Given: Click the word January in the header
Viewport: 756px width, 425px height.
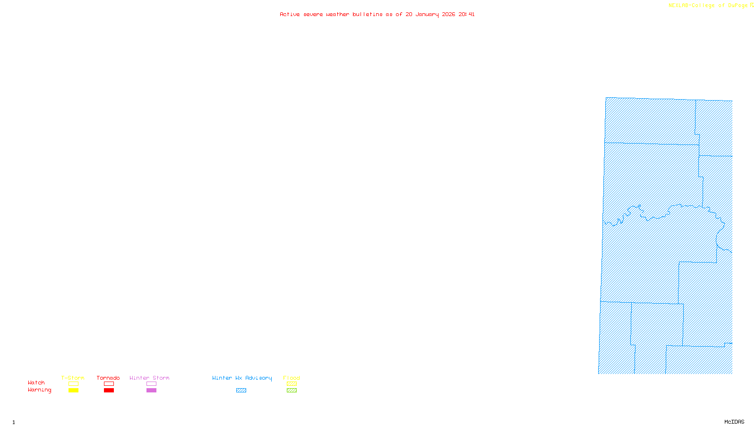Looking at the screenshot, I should click(x=427, y=15).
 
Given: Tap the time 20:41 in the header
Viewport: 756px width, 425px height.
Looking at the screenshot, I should click(x=466, y=15).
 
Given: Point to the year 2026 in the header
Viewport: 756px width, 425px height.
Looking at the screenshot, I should click(x=449, y=15).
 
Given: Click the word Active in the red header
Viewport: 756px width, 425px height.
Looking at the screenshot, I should click(x=290, y=15).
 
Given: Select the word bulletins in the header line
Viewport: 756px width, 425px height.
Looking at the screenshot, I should click(x=368, y=15).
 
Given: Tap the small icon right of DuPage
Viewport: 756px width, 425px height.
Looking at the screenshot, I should click(x=752, y=5).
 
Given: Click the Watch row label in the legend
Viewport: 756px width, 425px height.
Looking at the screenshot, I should click(x=36, y=383).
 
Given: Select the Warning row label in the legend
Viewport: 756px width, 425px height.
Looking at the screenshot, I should click(x=40, y=390).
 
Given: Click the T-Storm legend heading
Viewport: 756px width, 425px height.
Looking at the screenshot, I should click(x=73, y=378).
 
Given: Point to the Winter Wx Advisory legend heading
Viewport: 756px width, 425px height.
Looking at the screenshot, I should click(x=242, y=378).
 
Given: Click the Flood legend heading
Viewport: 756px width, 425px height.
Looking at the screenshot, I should click(x=292, y=378).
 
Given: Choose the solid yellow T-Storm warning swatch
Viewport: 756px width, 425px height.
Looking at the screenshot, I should click(x=73, y=391).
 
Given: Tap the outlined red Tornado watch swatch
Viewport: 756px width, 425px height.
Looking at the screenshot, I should click(x=109, y=384).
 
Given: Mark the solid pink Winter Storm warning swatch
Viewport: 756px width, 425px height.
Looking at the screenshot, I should click(x=151, y=391).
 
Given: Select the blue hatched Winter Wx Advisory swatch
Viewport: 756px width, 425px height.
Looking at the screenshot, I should click(x=241, y=391).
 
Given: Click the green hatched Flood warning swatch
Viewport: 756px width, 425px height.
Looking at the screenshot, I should click(x=292, y=391).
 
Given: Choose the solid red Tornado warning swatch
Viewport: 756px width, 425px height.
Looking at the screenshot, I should click(x=109, y=391).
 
